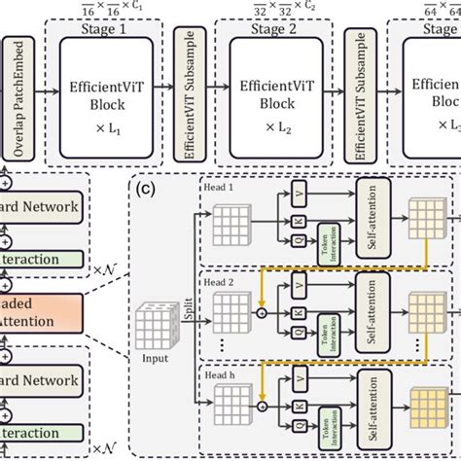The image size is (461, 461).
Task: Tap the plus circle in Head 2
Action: [262, 314]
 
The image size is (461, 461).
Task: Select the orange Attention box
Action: [34, 317]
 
